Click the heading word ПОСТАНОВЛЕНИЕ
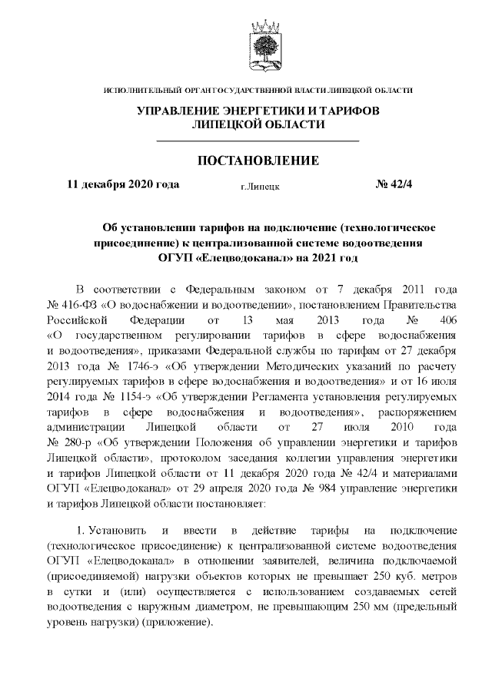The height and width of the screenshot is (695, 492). pyautogui.click(x=258, y=161)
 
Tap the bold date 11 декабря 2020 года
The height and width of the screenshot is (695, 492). pyautogui.click(x=124, y=184)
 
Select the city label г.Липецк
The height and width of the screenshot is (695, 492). pyautogui.click(x=260, y=186)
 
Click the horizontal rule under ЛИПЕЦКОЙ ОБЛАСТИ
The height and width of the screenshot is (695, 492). pyautogui.click(x=258, y=141)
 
